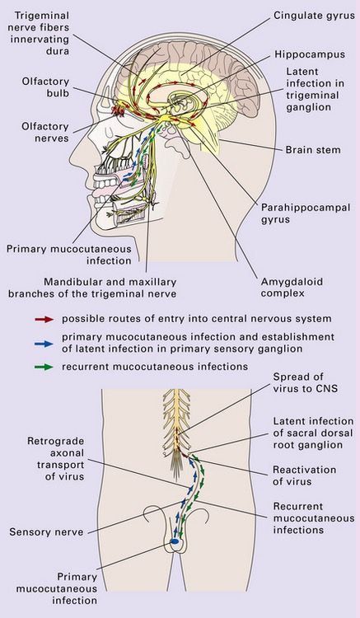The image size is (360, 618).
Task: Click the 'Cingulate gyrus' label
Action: [x=314, y=16]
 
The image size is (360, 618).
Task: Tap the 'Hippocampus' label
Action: [x=310, y=54]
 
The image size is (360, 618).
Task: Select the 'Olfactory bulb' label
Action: [x=45, y=87]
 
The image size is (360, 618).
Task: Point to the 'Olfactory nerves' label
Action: [x=45, y=133]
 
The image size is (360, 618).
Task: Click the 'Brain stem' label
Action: [x=313, y=150]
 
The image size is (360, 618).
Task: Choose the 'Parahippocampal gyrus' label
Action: [x=306, y=213]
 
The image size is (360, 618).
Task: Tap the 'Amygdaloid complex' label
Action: [x=292, y=288]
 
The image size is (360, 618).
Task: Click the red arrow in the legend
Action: [x=44, y=319]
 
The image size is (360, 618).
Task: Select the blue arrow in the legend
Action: [x=44, y=344]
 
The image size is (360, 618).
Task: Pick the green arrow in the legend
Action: [x=44, y=367]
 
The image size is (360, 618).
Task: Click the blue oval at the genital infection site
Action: [x=175, y=541]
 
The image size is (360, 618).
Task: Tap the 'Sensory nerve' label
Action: [x=46, y=532]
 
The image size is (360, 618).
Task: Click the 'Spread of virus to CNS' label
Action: [x=306, y=382]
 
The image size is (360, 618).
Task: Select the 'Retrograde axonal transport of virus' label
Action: [x=55, y=458]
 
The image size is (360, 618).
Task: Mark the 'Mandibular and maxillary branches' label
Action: [x=92, y=288]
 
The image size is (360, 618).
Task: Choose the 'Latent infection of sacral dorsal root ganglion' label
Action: [x=313, y=433]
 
